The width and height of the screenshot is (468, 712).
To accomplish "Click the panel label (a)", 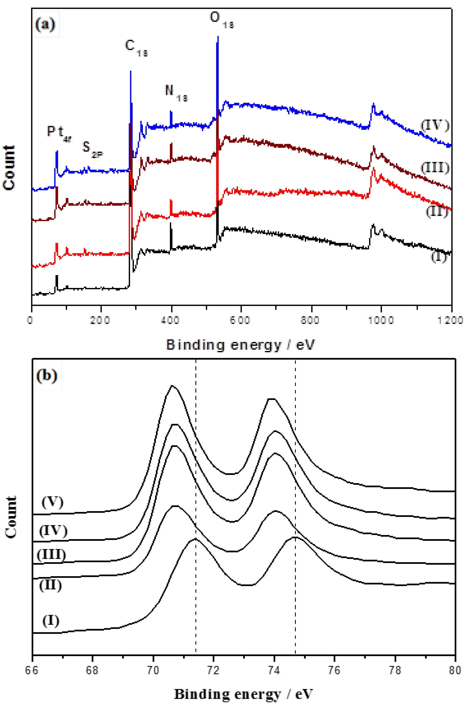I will point(45,24).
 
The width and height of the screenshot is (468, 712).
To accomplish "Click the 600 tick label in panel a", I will point(240,320).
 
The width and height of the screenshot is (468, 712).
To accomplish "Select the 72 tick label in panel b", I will point(214,670).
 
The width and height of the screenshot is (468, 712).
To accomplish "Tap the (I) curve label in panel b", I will point(51,620).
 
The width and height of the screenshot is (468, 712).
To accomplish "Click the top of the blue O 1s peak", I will point(218,37).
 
